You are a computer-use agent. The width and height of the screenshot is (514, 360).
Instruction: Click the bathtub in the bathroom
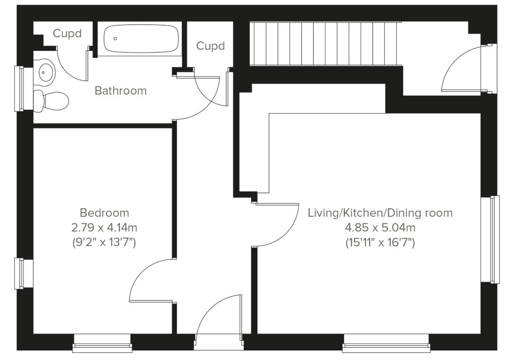(x=141, y=39)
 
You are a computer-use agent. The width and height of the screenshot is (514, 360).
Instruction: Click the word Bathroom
(x=121, y=90)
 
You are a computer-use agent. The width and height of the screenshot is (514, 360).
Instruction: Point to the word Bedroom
(x=104, y=213)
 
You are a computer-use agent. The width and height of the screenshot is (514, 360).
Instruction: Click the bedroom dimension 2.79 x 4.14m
(x=104, y=228)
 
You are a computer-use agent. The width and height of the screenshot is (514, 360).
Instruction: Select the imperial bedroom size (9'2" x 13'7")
(x=104, y=243)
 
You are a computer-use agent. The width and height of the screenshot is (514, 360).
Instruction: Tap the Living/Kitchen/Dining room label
(x=380, y=213)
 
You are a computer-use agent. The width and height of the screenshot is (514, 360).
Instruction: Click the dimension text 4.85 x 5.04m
(x=380, y=228)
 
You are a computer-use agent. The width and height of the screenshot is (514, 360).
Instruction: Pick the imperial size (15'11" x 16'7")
(x=380, y=243)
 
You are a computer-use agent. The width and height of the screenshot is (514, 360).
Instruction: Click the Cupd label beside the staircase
(x=210, y=46)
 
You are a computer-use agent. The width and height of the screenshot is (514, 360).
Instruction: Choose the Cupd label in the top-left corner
(x=67, y=33)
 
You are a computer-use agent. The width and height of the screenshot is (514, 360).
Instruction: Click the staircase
(x=325, y=44)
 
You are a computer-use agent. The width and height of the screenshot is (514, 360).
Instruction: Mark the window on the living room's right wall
(x=494, y=239)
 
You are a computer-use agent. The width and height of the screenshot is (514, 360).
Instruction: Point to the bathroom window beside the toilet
(x=19, y=89)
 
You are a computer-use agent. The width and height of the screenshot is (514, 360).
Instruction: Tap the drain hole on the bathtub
(x=116, y=39)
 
